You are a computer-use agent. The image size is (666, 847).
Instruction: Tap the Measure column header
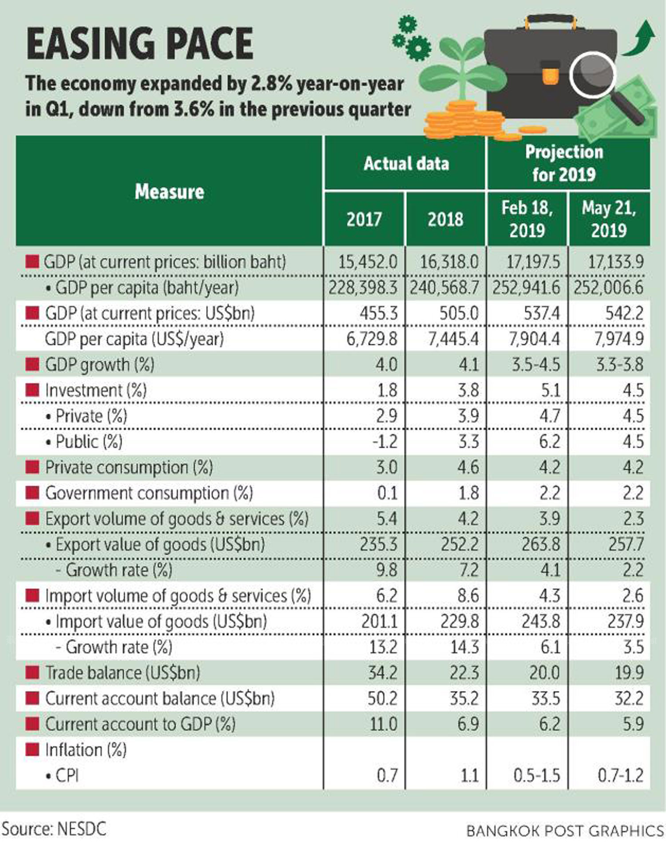pyautogui.click(x=169, y=192)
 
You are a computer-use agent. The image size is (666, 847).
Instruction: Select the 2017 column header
pyautogui.click(x=364, y=219)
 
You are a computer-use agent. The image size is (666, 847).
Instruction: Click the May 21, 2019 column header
pyautogui.click(x=609, y=219)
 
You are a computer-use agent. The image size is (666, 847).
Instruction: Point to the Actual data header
pyautogui.click(x=406, y=164)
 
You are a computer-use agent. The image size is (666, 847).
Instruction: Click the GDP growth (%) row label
pyautogui.click(x=99, y=365)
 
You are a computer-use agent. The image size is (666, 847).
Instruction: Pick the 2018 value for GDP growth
pyautogui.click(x=468, y=365)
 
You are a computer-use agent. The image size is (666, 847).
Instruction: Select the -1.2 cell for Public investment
pyautogui.click(x=385, y=442)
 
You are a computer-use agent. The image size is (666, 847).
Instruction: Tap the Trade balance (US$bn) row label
pyautogui.click(x=122, y=673)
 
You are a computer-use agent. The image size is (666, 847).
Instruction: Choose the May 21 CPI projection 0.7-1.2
pyautogui.click(x=620, y=776)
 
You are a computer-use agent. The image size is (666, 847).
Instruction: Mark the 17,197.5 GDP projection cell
pyautogui.click(x=533, y=262)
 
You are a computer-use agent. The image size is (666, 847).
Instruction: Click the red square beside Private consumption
pyautogui.click(x=32, y=467)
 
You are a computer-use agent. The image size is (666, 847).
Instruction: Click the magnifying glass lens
pyautogui.click(x=593, y=74)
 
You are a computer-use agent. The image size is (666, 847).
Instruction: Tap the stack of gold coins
pyautogui.click(x=462, y=119)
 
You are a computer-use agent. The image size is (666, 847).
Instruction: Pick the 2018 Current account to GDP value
pyautogui.click(x=468, y=724)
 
